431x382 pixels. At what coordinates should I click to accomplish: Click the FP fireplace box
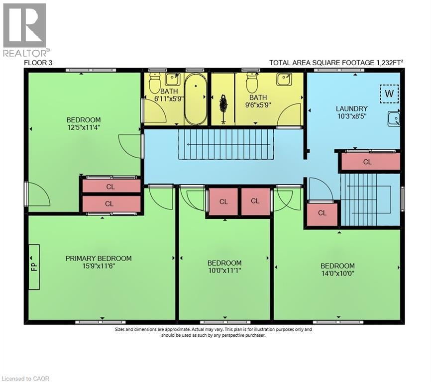click(34, 267)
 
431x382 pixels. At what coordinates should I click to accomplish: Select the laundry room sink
click(394, 118)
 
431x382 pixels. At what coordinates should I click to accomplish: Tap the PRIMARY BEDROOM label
click(99, 258)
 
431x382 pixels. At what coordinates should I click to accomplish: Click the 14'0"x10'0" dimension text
click(337, 273)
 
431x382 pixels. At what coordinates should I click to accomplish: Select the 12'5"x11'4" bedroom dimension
click(84, 127)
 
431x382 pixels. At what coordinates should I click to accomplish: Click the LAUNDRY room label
click(351, 108)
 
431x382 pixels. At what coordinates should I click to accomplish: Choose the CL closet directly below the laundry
click(367, 162)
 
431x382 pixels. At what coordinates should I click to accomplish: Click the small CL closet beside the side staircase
click(322, 213)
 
